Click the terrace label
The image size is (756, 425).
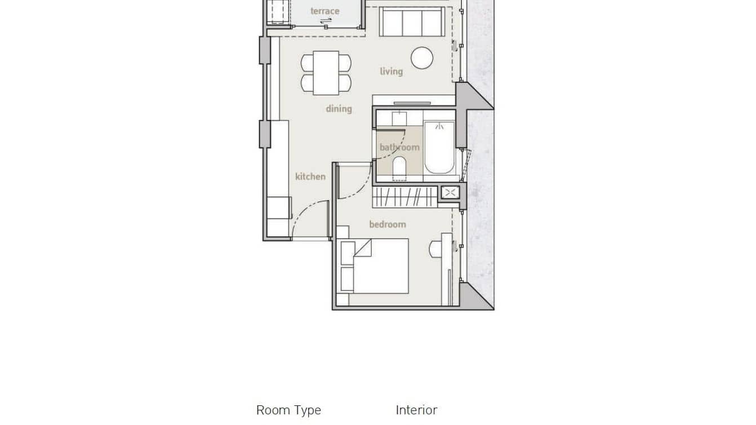click(325, 11)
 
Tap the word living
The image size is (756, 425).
click(391, 72)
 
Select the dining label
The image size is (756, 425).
click(339, 109)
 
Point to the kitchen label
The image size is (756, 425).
click(310, 176)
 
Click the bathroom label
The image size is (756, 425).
click(399, 148)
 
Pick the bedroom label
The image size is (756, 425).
click(388, 224)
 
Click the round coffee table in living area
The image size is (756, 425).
click(422, 58)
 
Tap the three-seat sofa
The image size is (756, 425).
click(411, 22)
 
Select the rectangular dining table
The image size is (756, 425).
click(326, 73)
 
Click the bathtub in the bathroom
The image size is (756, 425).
click(439, 147)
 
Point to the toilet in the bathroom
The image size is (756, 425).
click(399, 167)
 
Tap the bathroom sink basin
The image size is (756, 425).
click(399, 118)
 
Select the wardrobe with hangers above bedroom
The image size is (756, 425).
click(405, 197)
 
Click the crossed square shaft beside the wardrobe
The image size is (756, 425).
click(450, 193)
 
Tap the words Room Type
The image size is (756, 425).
click(288, 410)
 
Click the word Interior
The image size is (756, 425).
click(416, 410)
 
